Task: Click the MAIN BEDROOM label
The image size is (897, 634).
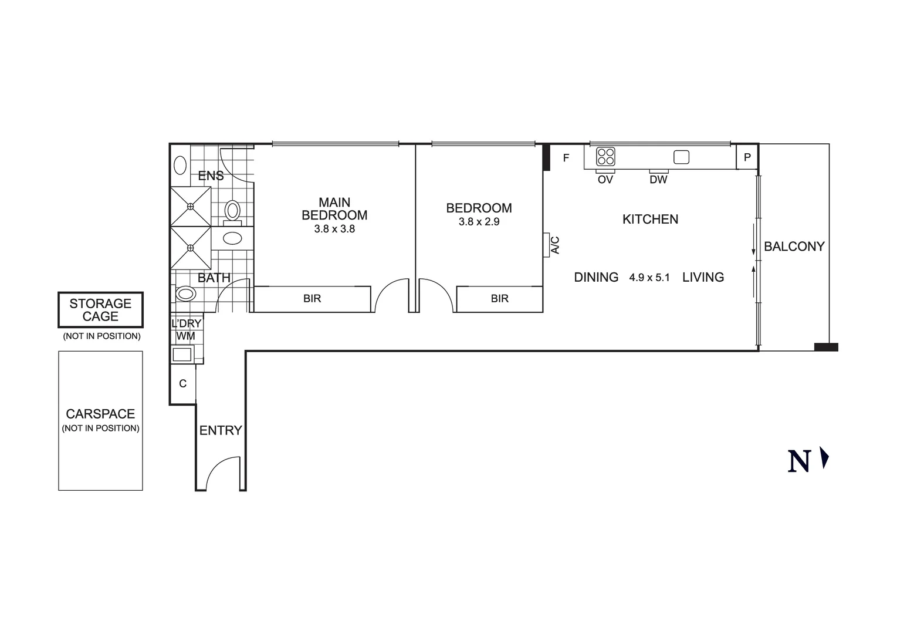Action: (334, 209)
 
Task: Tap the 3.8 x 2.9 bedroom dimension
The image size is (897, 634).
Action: (479, 222)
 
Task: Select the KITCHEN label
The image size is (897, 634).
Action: (650, 219)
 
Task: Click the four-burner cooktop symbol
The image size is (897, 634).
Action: (605, 157)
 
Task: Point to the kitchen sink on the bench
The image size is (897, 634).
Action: (681, 157)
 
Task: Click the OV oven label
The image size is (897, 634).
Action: (605, 180)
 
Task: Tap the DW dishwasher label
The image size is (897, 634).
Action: (658, 180)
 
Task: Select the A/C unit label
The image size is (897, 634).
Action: (555, 245)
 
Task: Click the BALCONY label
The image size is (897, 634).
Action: (794, 247)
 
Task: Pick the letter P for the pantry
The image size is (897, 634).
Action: (747, 157)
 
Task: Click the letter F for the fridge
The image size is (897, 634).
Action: (566, 158)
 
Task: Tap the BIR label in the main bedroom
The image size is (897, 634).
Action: (312, 299)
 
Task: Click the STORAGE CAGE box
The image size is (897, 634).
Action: (100, 310)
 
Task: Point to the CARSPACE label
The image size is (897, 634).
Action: (100, 414)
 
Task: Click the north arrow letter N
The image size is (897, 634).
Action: (799, 461)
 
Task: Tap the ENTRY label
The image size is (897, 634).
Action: (221, 430)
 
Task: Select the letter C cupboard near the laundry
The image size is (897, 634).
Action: (182, 383)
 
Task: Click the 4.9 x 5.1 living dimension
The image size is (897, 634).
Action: (649, 278)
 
